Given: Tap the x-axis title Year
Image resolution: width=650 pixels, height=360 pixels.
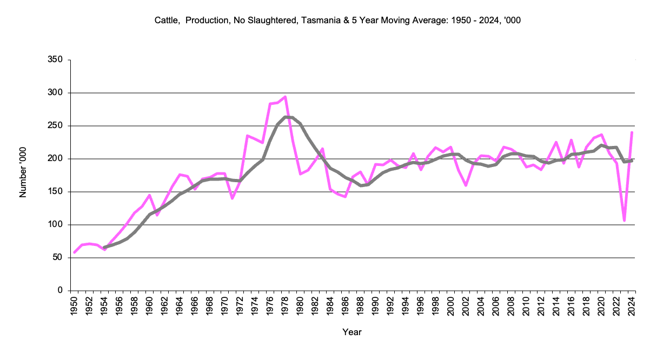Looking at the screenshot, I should pyautogui.click(x=352, y=332).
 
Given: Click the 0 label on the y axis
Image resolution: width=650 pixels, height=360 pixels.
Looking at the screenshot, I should pyautogui.click(x=61, y=291).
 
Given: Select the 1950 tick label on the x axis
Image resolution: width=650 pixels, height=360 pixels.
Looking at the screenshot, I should pyautogui.click(x=75, y=305).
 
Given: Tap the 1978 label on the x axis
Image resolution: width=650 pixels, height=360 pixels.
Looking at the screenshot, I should pyautogui.click(x=285, y=305).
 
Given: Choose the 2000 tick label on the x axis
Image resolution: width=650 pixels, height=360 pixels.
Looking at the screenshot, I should pyautogui.click(x=450, y=305).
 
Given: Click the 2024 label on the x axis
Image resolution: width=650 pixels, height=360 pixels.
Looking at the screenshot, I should pyautogui.click(x=631, y=305).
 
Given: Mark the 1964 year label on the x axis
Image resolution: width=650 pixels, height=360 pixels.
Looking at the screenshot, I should pyautogui.click(x=180, y=305).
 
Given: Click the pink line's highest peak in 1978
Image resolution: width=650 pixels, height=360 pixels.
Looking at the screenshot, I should pyautogui.click(x=285, y=97).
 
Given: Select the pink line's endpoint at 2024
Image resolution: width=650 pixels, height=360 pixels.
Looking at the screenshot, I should pyautogui.click(x=632, y=132).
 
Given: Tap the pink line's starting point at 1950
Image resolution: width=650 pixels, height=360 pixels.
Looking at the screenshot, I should pyautogui.click(x=75, y=252).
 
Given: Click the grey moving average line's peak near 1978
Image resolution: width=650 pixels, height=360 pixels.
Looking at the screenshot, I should pyautogui.click(x=285, y=117).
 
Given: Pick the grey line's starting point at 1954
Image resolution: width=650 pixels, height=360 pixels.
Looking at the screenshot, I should pyautogui.click(x=104, y=248).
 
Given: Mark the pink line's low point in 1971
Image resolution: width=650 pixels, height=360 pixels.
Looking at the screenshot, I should pyautogui.click(x=233, y=198).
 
